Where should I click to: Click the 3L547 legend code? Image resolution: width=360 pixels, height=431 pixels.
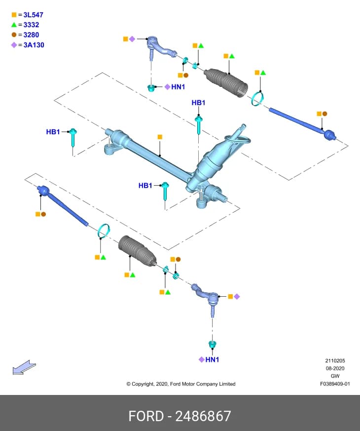point(33,15)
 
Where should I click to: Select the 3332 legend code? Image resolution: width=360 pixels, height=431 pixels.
point(31,25)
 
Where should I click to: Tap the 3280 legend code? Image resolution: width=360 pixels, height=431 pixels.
point(31,35)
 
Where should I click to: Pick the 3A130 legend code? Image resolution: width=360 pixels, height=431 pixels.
point(34,45)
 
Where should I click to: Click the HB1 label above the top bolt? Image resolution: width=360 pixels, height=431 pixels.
point(198,103)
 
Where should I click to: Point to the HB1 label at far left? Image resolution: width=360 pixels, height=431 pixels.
point(53,132)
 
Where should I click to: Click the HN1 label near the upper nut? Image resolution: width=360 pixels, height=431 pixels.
point(178,87)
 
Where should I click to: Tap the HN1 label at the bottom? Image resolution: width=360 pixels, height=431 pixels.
point(212,359)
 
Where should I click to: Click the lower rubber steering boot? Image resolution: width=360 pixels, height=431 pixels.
point(137,251)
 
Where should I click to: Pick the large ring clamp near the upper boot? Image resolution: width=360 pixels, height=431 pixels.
point(257,99)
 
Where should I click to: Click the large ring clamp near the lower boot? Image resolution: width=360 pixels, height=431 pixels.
point(104,231)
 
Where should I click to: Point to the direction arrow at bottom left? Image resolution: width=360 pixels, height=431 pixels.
point(24,367)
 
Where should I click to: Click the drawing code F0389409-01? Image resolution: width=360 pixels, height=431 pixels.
point(335,384)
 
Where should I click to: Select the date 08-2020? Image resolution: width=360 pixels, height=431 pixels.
point(335,368)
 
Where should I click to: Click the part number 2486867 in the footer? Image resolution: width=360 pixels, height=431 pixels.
point(203,416)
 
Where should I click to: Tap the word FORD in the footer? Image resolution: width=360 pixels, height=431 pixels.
point(146,416)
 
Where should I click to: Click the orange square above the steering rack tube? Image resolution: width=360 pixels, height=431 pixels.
point(160,137)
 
